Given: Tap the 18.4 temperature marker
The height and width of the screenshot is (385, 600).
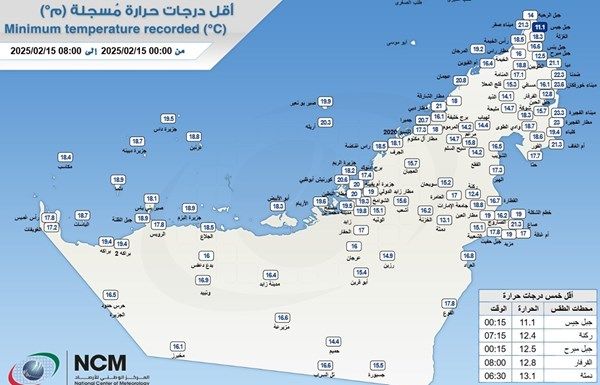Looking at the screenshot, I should pos(66,158).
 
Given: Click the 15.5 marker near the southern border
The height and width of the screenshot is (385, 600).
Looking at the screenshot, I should pos(378,366).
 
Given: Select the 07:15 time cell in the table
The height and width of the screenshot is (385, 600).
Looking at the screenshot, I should pos(490,335).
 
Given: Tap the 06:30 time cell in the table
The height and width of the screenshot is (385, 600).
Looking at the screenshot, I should pos(490,377).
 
